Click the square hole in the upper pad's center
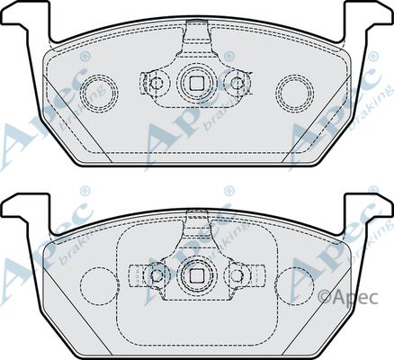[x=196, y=84]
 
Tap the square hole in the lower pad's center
[x=196, y=274]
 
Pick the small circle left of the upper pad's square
[x=157, y=84]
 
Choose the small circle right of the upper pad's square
[x=237, y=84]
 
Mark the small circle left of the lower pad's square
[x=157, y=274]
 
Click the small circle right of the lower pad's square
[x=237, y=274]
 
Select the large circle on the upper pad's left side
[x=99, y=90]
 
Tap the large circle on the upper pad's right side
[x=294, y=90]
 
